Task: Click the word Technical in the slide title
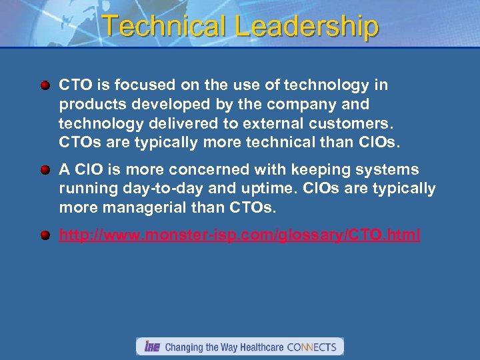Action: pos(165,26)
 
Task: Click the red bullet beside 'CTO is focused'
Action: pos(45,85)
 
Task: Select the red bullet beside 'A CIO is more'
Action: pos(45,170)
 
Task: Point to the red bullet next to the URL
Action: pos(45,235)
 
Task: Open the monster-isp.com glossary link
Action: pos(239,235)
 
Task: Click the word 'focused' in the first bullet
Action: pos(137,85)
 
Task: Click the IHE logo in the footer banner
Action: pos(151,347)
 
